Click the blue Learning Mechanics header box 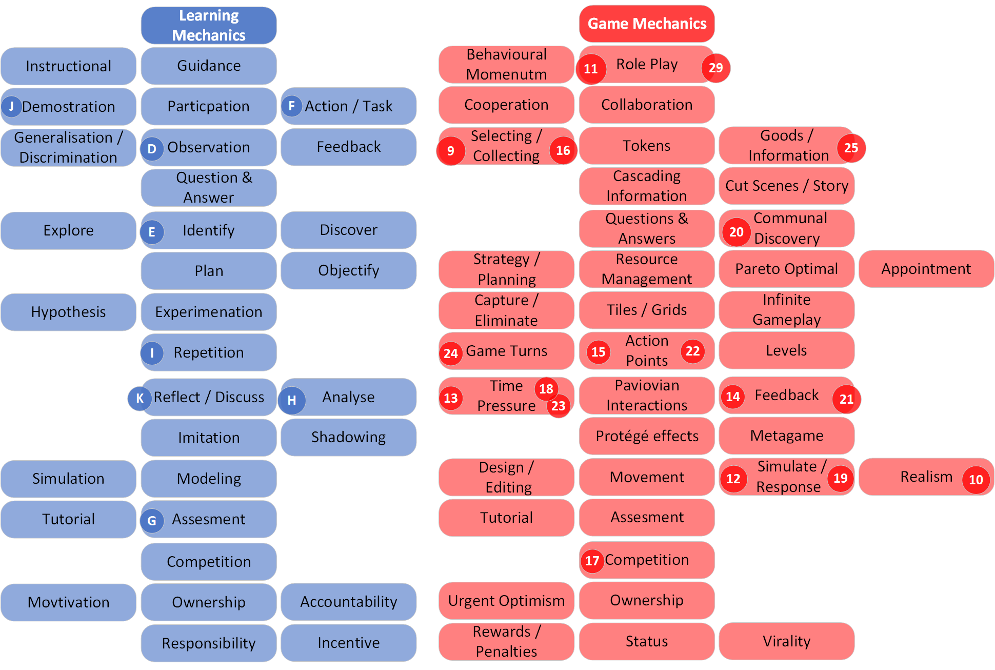pos(209,25)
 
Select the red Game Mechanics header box pos(647,24)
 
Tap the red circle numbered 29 pos(715,68)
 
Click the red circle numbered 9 pos(451,151)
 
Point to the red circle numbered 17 pos(592,560)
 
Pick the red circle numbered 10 pos(976,480)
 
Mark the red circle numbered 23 pos(558,406)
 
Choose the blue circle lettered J pos(11,107)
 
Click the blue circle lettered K pos(140,398)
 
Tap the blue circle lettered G pos(152,521)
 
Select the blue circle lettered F pos(291,106)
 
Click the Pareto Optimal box pos(786,269)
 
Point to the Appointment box pos(926,269)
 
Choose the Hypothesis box pos(68,312)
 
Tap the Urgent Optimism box pos(506,601)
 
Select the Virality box pos(786,641)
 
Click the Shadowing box pos(348,437)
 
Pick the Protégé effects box pos(647,436)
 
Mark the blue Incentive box pos(348,643)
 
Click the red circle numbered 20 pos(737,232)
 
